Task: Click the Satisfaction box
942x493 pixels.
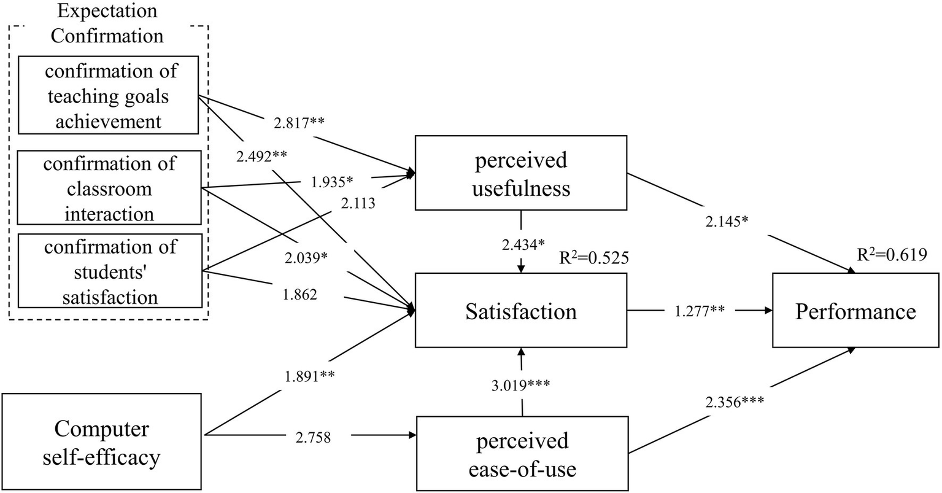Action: point(521,311)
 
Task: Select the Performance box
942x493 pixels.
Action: point(855,311)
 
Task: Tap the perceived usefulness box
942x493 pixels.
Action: point(521,174)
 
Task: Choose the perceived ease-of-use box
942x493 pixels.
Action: point(522,454)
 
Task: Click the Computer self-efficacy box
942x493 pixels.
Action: point(101,442)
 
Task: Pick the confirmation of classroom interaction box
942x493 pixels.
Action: point(109,188)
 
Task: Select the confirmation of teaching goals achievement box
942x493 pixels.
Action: point(109,95)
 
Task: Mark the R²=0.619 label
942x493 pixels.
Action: point(892,254)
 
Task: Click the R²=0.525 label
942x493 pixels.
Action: point(594,257)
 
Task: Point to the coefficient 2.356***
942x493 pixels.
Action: point(734,403)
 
